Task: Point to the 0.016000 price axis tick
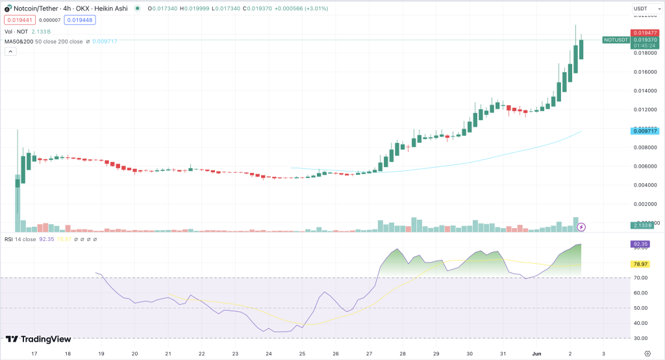coord(646,72)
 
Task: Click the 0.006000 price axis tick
coord(646,166)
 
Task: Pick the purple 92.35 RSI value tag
coord(641,244)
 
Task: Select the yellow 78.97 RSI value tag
coord(641,264)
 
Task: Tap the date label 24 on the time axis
coord(268,354)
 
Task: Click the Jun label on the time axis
coord(537,354)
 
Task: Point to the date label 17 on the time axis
coord(34,354)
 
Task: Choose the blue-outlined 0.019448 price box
coord(79,20)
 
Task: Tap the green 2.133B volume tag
coord(643,225)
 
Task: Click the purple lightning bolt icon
coord(581,227)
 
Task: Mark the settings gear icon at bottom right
coord(647,354)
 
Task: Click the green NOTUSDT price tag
coord(614,40)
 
